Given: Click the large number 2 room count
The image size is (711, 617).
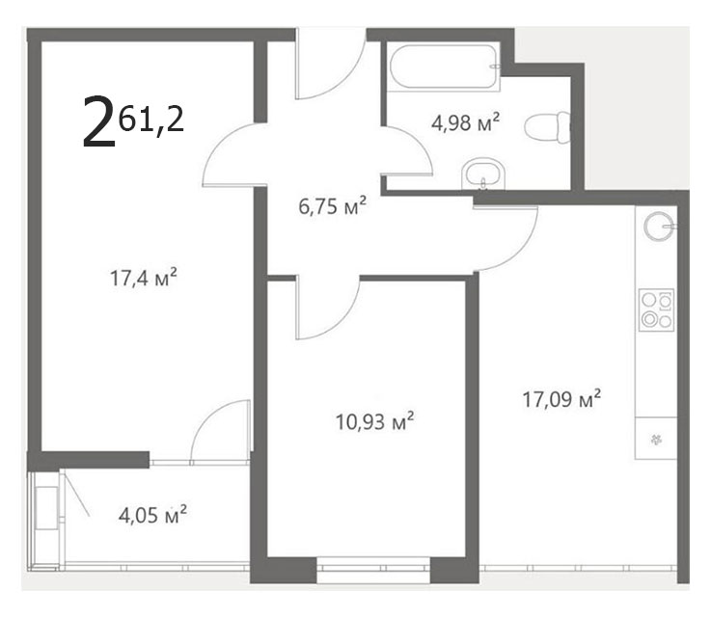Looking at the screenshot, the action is (98, 121).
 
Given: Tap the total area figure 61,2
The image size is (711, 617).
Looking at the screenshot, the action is (151, 121).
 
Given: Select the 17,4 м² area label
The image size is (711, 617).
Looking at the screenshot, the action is (144, 278).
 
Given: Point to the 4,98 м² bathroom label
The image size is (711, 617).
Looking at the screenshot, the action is (465, 122).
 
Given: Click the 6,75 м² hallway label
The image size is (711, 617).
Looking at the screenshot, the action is (332, 206).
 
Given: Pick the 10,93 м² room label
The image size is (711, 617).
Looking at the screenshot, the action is (374, 421).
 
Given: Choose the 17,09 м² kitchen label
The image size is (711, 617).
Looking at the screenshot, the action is (561, 399).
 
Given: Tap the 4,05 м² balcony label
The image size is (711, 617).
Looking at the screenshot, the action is (152, 515).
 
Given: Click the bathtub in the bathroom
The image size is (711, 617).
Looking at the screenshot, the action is (444, 67).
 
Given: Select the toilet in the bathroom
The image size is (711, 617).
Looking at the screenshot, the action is (547, 127).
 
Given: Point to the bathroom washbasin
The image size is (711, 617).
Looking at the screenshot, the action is (483, 174).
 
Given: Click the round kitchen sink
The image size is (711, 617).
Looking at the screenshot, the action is (659, 226).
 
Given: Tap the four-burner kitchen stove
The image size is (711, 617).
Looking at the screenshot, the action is (656, 309).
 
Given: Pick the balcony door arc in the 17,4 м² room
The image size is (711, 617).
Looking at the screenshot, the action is (209, 416).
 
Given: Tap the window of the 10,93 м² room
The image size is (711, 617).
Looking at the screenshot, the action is (372, 570).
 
